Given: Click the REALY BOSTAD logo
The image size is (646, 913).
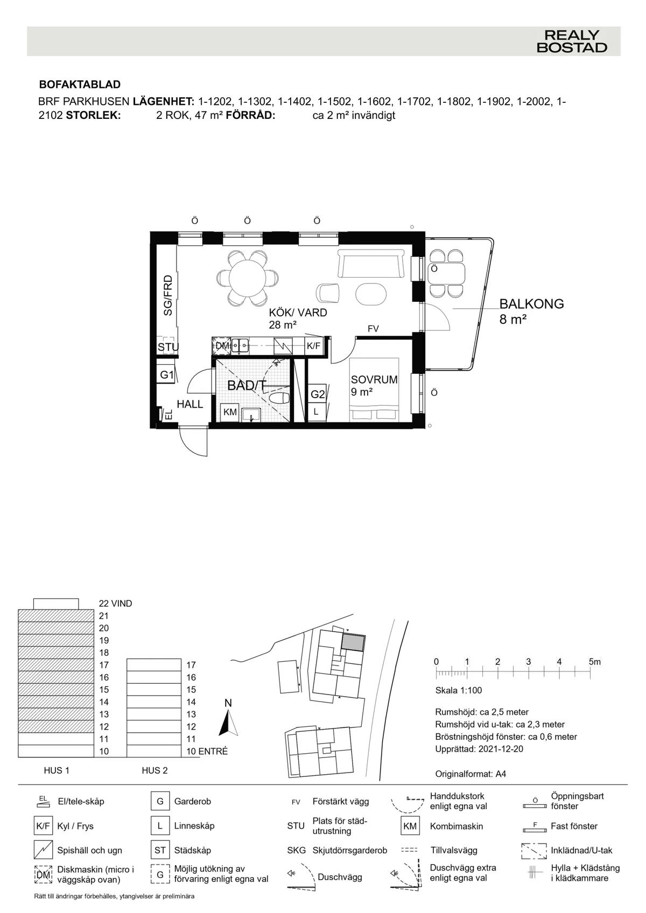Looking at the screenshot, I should tap(571, 41).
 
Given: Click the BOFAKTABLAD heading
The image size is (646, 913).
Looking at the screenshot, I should tap(80, 84).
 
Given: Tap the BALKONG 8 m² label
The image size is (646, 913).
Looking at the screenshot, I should tap(531, 311).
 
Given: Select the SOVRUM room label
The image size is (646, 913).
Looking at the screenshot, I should tap(374, 379).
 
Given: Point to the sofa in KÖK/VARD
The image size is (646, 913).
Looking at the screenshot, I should tap(371, 264).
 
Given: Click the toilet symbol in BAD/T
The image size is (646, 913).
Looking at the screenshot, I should tap(279, 399).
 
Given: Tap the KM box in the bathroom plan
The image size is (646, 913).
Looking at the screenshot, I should tap(230, 412).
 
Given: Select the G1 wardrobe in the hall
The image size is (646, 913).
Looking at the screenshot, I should tap(167, 375).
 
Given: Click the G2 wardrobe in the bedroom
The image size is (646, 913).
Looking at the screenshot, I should tap(318, 394).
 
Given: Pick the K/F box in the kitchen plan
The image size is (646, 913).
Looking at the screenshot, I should tap(314, 346).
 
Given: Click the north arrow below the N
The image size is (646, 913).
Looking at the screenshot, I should tap(229, 723).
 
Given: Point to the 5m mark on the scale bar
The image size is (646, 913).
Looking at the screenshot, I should tap(594, 662).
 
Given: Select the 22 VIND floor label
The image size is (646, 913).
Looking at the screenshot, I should tap(115, 604).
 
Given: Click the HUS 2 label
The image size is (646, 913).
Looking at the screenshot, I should tap(155, 770).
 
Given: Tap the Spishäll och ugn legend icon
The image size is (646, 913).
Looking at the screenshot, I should tap(43, 850).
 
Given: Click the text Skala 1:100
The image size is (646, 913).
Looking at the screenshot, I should tap(458, 690).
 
